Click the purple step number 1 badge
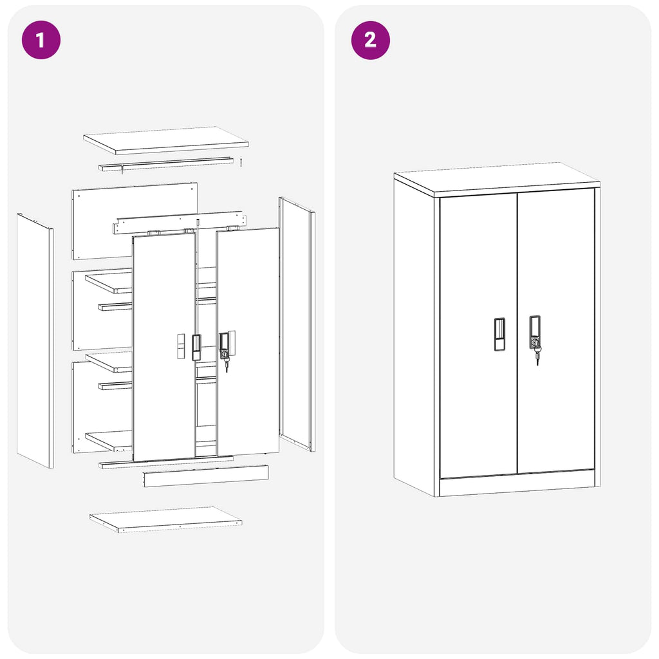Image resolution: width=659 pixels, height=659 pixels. (41, 40)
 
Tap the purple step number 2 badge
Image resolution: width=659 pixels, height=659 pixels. (370, 40)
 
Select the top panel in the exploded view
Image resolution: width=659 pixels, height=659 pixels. (165, 140)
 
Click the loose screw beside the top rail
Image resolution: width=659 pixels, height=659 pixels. (240, 162)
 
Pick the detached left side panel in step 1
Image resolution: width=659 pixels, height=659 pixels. (35, 341)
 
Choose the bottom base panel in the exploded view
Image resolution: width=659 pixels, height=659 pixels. (165, 519)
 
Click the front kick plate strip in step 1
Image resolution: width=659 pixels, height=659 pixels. (205, 476)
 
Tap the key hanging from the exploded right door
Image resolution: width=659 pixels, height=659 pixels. (226, 366)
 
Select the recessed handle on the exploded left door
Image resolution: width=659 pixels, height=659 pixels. (196, 346)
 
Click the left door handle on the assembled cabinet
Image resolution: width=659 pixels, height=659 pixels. (499, 334)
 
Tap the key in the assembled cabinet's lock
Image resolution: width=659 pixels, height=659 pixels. (537, 354)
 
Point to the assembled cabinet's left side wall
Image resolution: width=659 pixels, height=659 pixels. (414, 335)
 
